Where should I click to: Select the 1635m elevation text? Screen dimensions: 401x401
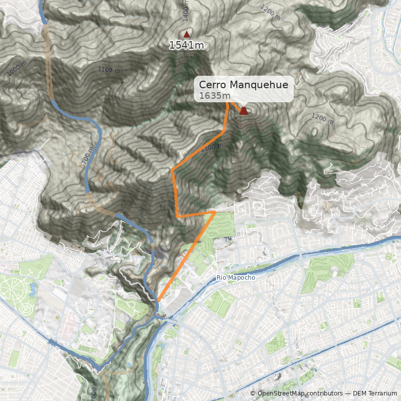(x=215, y=96)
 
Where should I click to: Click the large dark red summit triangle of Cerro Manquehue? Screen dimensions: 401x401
(x=244, y=111)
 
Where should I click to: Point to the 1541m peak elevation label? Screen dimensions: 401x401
(x=186, y=45)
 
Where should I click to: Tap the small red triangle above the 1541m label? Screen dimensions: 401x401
(x=187, y=35)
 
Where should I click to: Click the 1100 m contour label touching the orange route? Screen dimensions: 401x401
(x=212, y=147)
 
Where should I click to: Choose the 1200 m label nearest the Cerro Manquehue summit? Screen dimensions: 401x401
(x=322, y=118)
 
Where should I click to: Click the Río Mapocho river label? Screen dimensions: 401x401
(x=236, y=278)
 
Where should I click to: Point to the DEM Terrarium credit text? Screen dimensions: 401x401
(x=374, y=393)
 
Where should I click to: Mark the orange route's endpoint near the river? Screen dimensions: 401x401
(x=158, y=301)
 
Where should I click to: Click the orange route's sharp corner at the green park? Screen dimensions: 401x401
(x=215, y=213)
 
